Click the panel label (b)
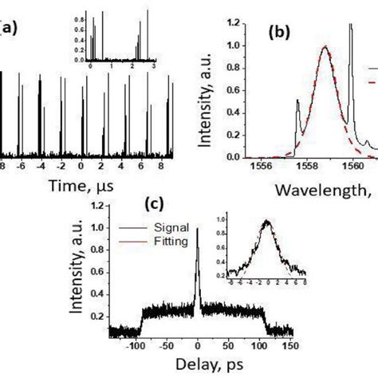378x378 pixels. click(x=281, y=33)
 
